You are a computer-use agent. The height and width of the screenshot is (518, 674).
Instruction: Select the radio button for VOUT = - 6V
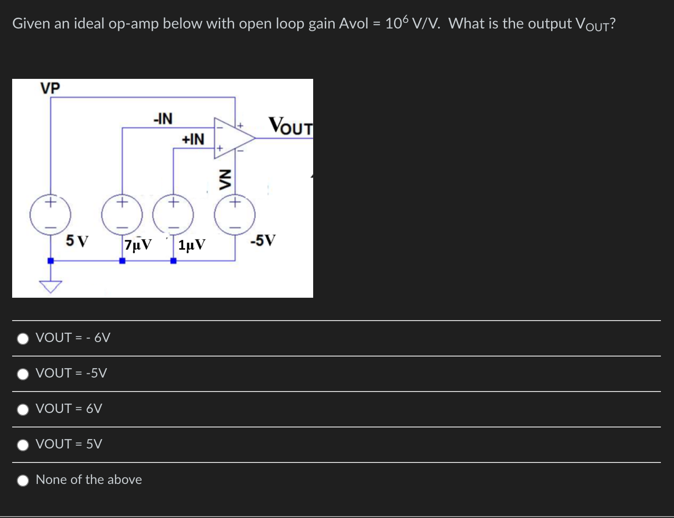pyautogui.click(x=23, y=338)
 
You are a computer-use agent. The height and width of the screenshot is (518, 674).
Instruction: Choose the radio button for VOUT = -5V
pyautogui.click(x=23, y=374)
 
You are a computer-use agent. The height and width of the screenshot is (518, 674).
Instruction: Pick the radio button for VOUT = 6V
pyautogui.click(x=23, y=409)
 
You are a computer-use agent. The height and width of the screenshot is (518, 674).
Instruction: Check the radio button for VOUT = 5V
pyautogui.click(x=23, y=445)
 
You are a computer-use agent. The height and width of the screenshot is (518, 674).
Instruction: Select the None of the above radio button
pyautogui.click(x=23, y=480)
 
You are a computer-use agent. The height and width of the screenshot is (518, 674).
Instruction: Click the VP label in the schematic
pyautogui.click(x=50, y=88)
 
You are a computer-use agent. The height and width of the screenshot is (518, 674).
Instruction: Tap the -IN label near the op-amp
pyautogui.click(x=163, y=119)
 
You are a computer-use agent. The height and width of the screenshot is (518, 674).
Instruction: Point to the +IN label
pyautogui.click(x=193, y=139)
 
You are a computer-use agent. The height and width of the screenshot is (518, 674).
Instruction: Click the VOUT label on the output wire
pyautogui.click(x=290, y=126)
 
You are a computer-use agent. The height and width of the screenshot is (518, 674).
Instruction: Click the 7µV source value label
pyautogui.click(x=138, y=245)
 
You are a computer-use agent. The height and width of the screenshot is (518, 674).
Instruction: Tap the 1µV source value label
pyautogui.click(x=192, y=245)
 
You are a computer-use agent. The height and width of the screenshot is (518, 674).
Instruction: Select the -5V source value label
pyautogui.click(x=263, y=240)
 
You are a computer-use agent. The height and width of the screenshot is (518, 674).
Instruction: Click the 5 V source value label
pyautogui.click(x=77, y=241)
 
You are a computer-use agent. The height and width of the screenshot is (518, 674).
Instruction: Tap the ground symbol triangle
pyautogui.click(x=50, y=286)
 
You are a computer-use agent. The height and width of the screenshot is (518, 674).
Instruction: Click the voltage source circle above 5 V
pyautogui.click(x=50, y=215)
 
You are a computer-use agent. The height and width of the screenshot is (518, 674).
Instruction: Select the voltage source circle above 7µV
pyautogui.click(x=122, y=215)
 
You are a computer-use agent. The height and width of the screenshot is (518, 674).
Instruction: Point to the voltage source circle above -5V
pyautogui.click(x=235, y=215)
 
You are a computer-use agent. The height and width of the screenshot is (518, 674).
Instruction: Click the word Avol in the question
pyautogui.click(x=353, y=23)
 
